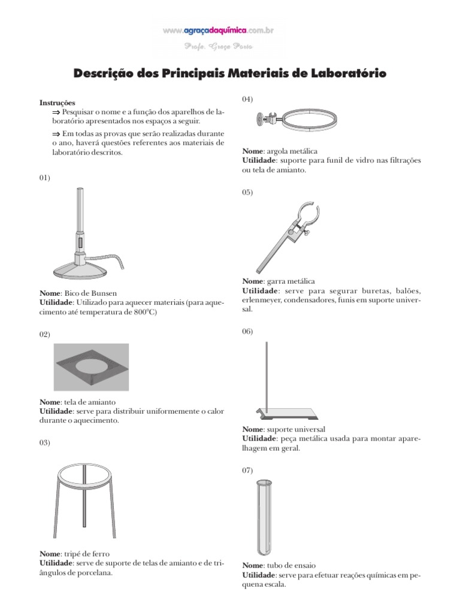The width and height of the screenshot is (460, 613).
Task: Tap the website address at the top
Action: pyautogui.click(x=217, y=29)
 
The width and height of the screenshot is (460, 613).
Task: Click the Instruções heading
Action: pyautogui.click(x=57, y=103)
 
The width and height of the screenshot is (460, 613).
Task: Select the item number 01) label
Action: pyautogui.click(x=45, y=178)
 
